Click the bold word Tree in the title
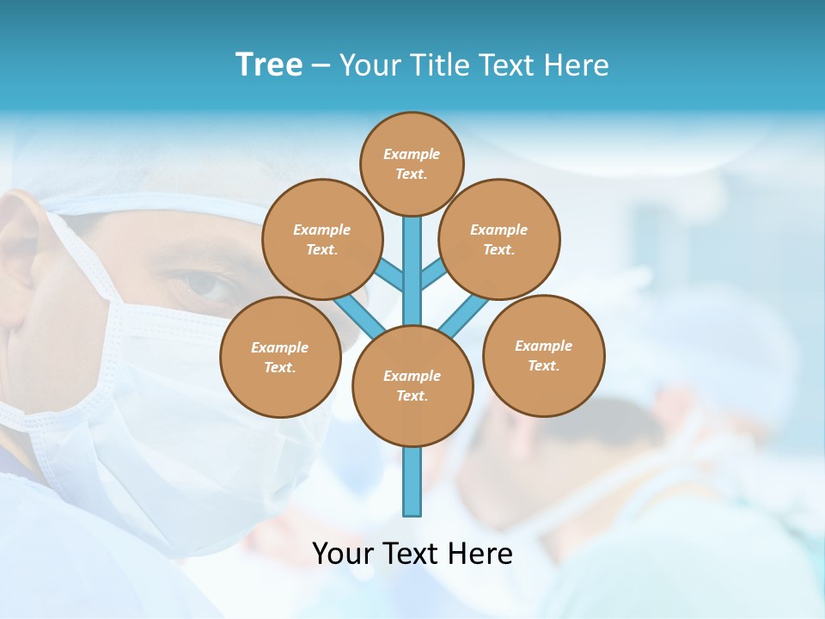point(269,65)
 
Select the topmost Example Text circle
point(412,163)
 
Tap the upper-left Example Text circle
point(321,239)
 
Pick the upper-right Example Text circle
point(498,239)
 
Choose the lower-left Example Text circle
point(279,357)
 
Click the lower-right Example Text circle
point(543,355)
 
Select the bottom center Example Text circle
point(412,385)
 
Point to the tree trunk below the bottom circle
point(412,481)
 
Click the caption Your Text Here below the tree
point(412,554)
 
